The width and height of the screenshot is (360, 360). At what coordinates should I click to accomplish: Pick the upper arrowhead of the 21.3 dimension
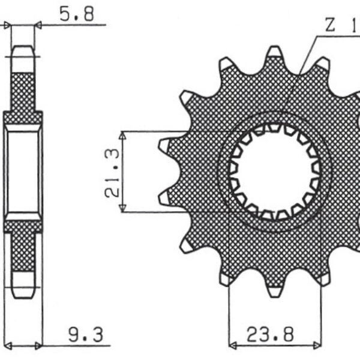click(122, 136)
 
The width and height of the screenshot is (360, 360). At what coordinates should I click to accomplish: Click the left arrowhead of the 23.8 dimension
click(233, 346)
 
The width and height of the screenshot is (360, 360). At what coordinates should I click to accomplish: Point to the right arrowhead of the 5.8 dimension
click(38, 25)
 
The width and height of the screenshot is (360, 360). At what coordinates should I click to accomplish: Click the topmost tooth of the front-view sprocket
click(274, 53)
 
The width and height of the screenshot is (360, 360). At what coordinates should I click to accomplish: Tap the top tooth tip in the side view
click(23, 51)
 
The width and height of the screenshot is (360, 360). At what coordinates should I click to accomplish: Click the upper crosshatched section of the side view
click(23, 90)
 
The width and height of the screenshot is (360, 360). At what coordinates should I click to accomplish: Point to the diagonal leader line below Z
click(300, 72)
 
